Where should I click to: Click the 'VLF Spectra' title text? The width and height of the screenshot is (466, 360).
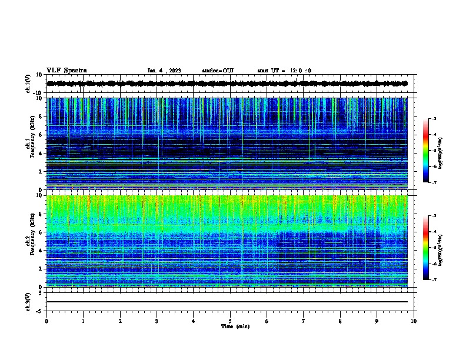coord(66,71)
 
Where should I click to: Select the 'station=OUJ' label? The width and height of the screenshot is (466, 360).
coord(218,71)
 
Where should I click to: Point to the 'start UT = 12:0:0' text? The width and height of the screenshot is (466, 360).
coord(284,71)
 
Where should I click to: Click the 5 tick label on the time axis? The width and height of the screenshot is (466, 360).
coord(230,321)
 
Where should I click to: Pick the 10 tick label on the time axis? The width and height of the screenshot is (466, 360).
coord(414,321)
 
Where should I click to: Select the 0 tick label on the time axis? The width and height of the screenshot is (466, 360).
coord(46,321)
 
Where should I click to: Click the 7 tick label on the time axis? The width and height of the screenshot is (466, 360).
coord(304,321)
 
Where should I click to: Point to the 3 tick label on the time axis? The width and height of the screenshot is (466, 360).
coord(157,321)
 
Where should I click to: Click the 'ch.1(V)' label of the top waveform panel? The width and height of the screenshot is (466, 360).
coord(28,84)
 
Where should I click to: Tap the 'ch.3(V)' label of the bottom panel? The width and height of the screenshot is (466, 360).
coord(28,301)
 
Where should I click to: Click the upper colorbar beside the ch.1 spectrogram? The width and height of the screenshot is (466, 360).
coord(425,151)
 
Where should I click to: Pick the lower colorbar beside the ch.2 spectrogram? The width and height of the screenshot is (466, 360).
coord(425,248)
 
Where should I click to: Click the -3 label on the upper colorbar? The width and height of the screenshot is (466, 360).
coord(434,119)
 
